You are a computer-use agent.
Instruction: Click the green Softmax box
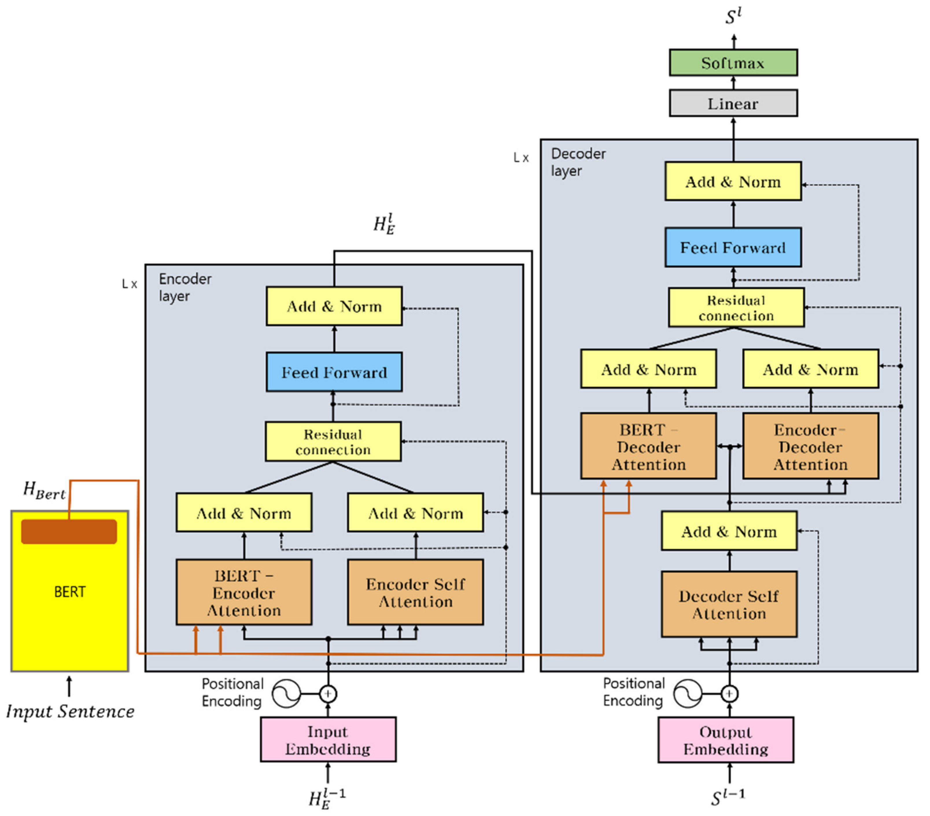coord(733,63)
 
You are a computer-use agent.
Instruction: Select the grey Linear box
coord(733,103)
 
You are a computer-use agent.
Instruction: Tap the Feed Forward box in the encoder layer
coord(334,372)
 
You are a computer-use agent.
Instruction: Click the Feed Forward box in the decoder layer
coord(733,247)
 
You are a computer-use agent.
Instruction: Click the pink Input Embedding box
coord(328,740)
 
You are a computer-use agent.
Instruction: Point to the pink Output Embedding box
coord(726,740)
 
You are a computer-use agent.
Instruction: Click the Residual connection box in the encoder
coord(333,442)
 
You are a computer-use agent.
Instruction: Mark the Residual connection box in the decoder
coord(736,307)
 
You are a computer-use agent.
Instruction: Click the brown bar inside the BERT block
coord(69,531)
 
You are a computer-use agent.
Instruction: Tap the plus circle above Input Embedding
coord(328,694)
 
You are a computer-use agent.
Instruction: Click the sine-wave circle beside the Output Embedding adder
coord(687,694)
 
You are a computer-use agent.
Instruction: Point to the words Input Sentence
coord(70,711)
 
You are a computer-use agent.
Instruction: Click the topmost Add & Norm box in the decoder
coord(733,181)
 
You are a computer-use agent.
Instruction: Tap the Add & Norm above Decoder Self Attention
coord(729,531)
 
